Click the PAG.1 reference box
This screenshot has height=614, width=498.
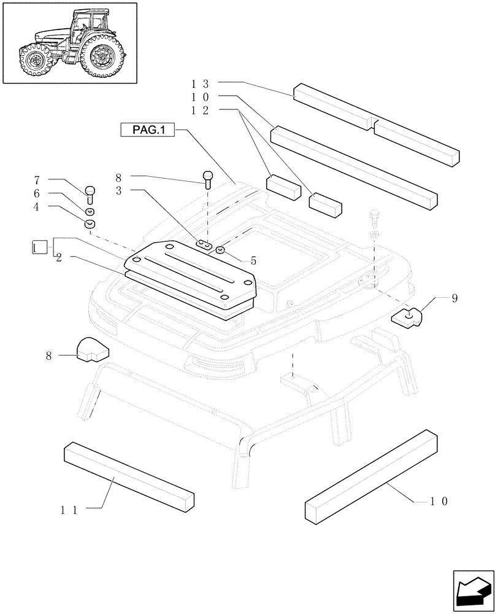148,130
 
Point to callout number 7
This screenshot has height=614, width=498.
37,181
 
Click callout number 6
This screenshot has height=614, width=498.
37,193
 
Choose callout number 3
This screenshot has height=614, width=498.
120,191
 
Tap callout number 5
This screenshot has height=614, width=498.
253,260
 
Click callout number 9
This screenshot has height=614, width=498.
454,299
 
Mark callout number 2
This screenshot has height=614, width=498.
59,258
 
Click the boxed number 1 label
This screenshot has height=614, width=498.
39,247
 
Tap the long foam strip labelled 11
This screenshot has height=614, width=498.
129,475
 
